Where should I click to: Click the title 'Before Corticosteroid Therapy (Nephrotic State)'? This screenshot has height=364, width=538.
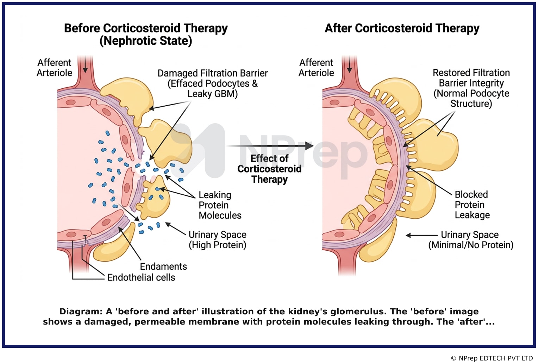(146, 34)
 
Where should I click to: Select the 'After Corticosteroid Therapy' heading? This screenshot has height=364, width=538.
(402, 28)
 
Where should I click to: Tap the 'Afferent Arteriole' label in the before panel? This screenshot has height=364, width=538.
(55, 68)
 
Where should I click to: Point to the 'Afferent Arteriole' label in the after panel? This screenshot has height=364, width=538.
(316, 68)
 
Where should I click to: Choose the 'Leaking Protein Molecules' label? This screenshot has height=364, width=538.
(220, 205)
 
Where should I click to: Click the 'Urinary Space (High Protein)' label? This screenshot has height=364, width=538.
(217, 240)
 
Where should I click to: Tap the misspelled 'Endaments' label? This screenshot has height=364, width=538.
(163, 266)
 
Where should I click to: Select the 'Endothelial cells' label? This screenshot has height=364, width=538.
(141, 277)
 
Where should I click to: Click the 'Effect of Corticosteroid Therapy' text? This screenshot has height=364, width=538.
(269, 169)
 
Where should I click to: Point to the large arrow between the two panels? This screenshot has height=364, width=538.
(270, 146)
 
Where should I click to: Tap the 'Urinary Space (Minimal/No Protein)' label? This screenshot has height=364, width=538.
(471, 240)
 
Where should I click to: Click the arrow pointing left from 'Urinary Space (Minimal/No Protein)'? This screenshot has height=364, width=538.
(421, 235)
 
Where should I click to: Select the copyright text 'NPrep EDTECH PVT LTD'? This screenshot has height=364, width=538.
(496, 358)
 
